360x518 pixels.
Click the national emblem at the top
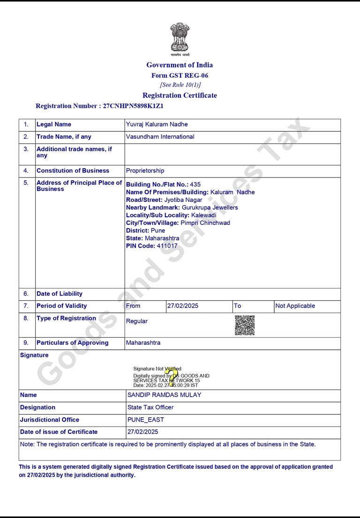click(x=180, y=37)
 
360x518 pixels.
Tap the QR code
click(x=245, y=325)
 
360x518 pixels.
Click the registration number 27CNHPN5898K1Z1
click(x=133, y=106)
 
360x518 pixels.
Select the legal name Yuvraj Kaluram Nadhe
click(x=157, y=124)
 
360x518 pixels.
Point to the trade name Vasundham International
click(x=160, y=137)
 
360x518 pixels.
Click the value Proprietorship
click(x=145, y=170)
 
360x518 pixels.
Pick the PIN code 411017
click(x=167, y=246)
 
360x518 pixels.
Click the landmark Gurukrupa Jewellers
click(x=210, y=207)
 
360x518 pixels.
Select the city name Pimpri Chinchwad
click(x=205, y=223)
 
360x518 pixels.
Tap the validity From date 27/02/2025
click(x=183, y=306)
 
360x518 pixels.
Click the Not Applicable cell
click(x=295, y=306)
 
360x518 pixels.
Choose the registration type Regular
click(x=136, y=321)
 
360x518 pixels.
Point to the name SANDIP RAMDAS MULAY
click(x=164, y=395)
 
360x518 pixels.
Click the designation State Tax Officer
click(x=150, y=407)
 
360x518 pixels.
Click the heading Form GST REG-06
click(x=180, y=75)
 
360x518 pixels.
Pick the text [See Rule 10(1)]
click(x=180, y=85)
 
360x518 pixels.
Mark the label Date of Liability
click(x=59, y=294)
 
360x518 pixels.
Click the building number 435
click(x=195, y=185)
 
